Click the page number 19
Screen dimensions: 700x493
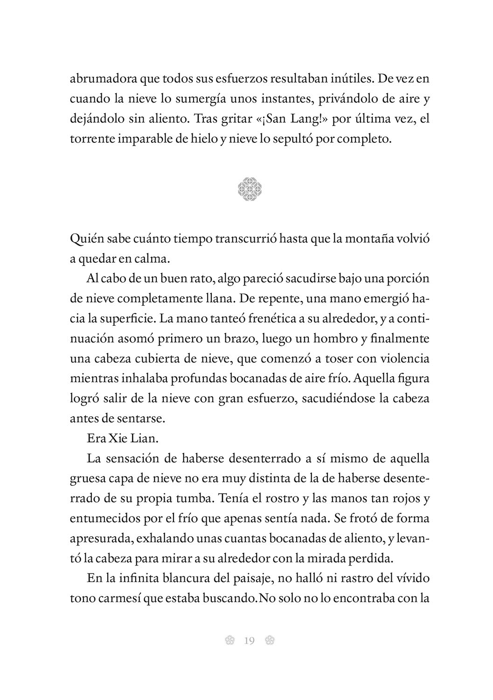pos(249,641)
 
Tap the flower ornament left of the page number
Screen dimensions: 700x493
pos(229,641)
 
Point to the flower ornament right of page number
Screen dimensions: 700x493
pos(269,641)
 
